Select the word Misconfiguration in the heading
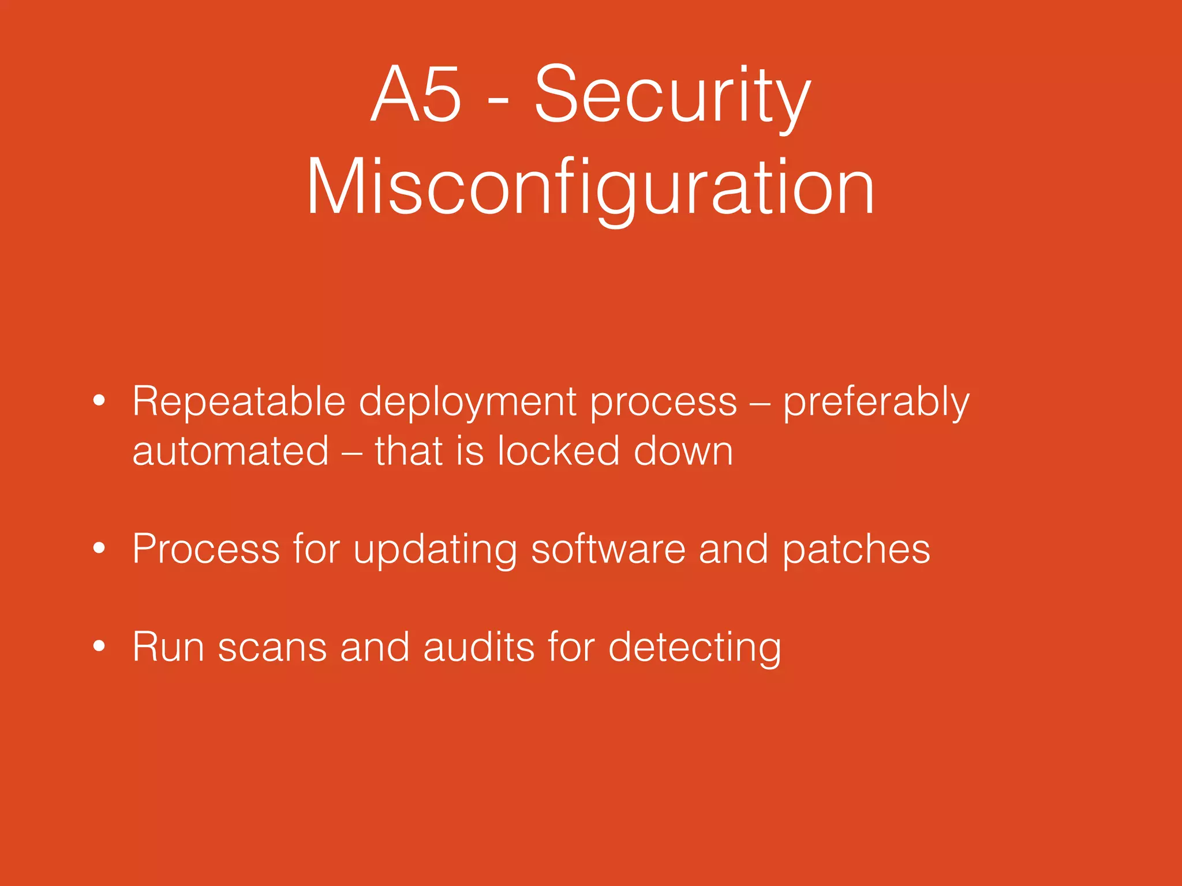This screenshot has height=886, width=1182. point(590,188)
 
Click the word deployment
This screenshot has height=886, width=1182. point(467,403)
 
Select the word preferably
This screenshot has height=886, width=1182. point(876,403)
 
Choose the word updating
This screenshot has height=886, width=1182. point(435,550)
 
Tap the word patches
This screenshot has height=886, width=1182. point(856,550)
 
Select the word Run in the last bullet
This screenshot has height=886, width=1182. point(168,647)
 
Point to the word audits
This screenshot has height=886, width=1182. point(479,647)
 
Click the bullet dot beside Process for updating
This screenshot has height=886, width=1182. point(99,549)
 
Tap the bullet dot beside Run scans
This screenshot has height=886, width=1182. point(99,647)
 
